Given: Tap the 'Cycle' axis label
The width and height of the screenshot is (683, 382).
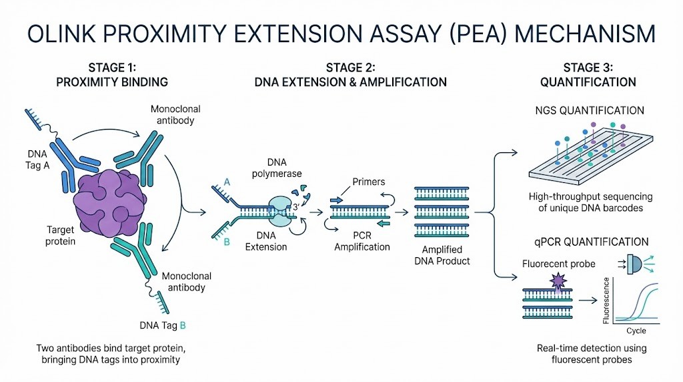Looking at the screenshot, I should [636, 331].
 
